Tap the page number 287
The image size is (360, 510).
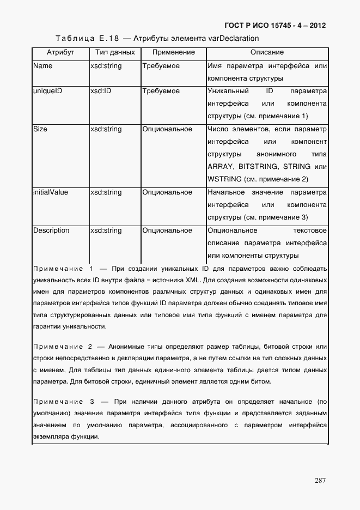point(320,480)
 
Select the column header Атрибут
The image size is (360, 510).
point(60,52)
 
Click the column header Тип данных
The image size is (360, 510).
point(114,52)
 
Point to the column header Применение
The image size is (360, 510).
point(173,52)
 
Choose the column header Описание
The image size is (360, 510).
point(267,52)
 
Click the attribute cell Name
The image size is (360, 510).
point(43,66)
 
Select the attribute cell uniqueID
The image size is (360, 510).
point(47,91)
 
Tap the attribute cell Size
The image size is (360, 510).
point(40,129)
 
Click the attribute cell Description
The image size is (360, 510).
point(51,230)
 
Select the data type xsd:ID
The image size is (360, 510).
point(101,91)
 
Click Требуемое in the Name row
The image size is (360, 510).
point(161,66)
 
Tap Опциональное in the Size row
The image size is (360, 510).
point(167,129)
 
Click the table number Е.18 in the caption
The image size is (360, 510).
point(109,38)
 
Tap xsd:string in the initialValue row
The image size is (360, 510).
point(106,192)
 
